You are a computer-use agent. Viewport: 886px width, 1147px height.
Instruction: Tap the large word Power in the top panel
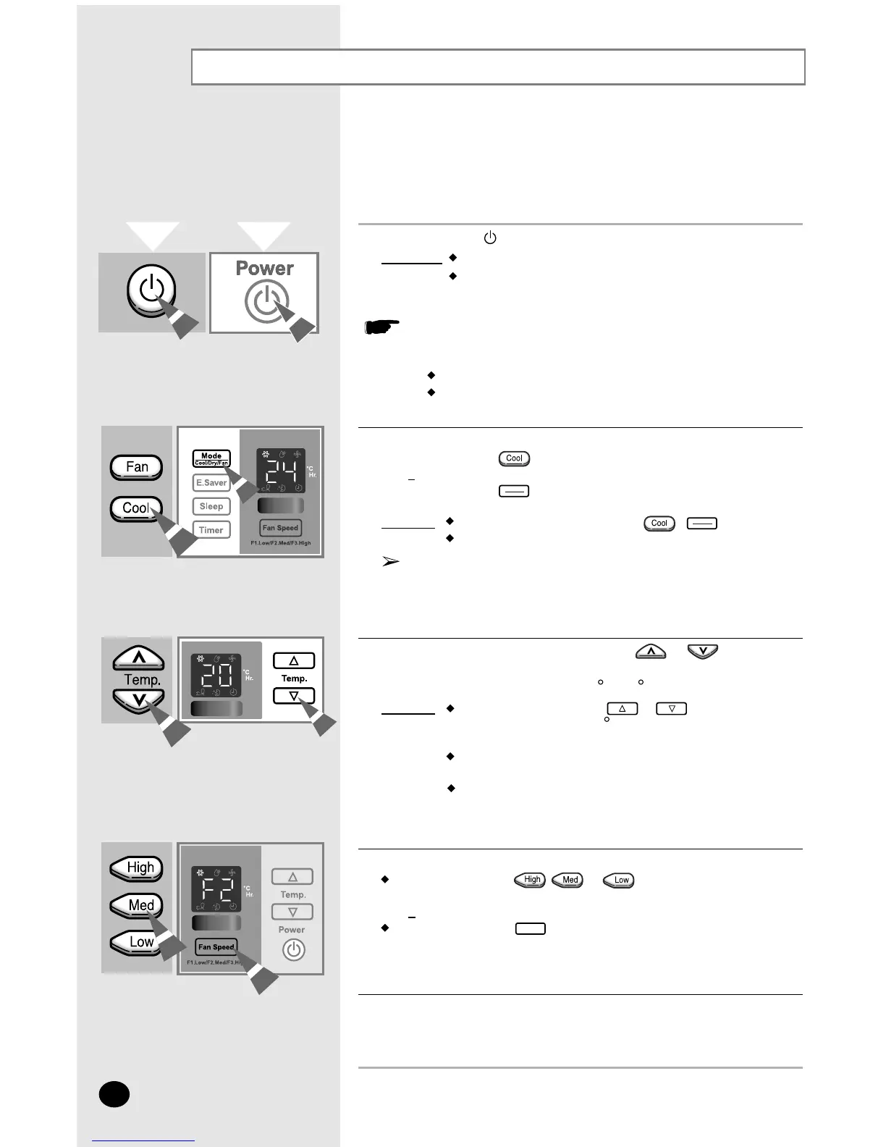point(265,269)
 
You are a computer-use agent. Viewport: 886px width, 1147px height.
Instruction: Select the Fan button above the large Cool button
point(137,467)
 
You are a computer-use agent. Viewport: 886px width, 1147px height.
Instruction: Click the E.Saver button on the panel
point(211,483)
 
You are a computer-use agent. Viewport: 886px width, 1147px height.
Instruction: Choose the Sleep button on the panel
point(211,506)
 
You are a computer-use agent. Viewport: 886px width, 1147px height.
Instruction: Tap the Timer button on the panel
point(211,530)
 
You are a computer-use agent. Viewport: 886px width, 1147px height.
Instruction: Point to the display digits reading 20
point(216,677)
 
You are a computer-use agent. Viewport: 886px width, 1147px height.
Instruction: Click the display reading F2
point(216,890)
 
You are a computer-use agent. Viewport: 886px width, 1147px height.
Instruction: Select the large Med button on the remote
point(140,905)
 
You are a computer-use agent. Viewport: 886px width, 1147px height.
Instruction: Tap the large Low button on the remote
point(140,942)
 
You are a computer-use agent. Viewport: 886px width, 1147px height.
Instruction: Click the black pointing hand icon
point(381,327)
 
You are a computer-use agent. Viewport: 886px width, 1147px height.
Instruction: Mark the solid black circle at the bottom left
point(114,1094)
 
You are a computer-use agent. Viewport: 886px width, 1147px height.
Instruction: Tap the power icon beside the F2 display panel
point(293,950)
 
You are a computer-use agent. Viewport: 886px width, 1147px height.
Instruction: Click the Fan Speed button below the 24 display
point(280,528)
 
